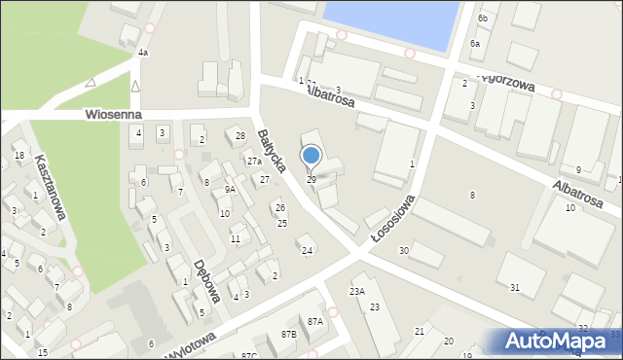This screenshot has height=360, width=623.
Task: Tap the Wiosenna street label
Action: pos(113,115)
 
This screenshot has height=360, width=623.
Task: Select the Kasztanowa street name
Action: pos(50,186)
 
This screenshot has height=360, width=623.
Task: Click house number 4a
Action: pos(142,53)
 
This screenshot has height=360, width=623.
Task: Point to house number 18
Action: pos(18,156)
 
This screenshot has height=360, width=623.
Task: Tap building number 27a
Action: pos(253,162)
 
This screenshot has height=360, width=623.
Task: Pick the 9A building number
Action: pos(230,190)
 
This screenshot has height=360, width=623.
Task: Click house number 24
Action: pos(307,251)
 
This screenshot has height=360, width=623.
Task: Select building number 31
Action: pos(515,287)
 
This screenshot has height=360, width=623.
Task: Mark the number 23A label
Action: pos(357,291)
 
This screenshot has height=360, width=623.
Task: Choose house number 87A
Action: pos(314,321)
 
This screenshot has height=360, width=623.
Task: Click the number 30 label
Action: pos(403,251)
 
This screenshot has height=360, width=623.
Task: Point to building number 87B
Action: pos(288,334)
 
